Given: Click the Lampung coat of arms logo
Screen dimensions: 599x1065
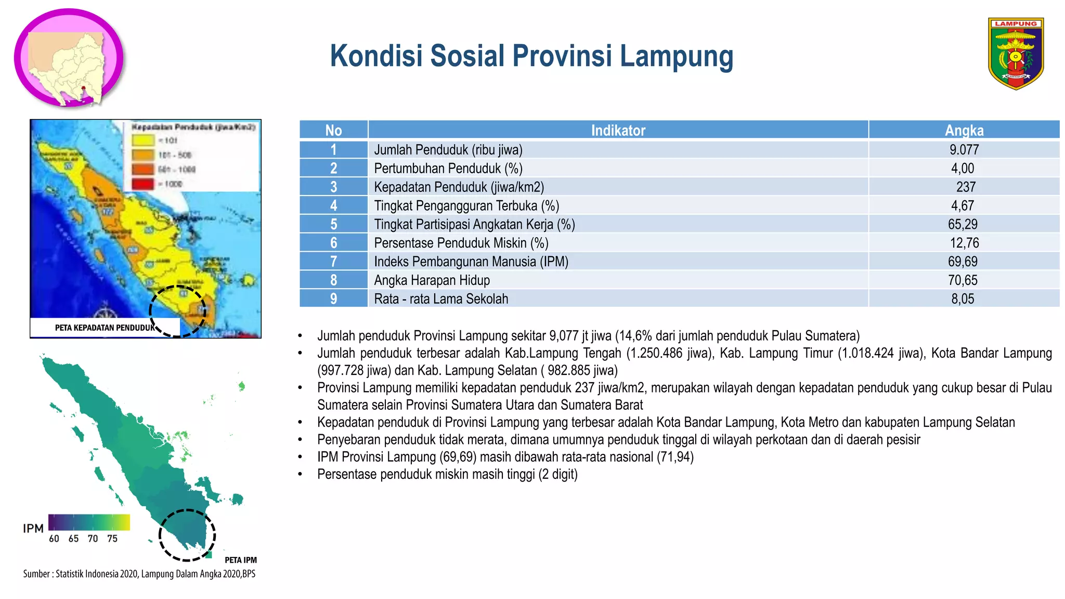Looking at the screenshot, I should click(1016, 54).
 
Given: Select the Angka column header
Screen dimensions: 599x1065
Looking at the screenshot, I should click(964, 130).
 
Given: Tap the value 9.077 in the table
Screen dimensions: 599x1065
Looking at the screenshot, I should click(964, 150).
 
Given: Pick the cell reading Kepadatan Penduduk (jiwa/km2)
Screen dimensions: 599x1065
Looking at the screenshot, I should click(459, 187).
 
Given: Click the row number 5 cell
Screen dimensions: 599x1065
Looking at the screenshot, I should click(333, 224).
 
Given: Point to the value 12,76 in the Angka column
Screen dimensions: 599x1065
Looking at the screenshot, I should click(964, 243).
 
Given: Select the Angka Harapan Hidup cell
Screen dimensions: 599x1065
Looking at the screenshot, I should click(432, 280).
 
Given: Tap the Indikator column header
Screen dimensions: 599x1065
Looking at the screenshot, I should click(618, 130).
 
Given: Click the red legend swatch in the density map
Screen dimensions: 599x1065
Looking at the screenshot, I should click(143, 184).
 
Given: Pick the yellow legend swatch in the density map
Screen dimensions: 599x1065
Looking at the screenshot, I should click(143, 140).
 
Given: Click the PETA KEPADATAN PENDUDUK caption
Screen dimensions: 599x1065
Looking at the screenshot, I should click(104, 328).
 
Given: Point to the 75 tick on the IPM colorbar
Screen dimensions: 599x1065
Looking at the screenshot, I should click(112, 539).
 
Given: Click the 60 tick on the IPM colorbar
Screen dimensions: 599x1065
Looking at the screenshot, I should click(54, 539).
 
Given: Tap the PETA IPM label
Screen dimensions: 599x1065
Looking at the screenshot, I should click(240, 560).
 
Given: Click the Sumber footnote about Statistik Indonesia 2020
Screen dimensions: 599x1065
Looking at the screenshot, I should click(139, 574).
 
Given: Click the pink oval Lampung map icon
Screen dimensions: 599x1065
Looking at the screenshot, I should click(69, 58).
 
